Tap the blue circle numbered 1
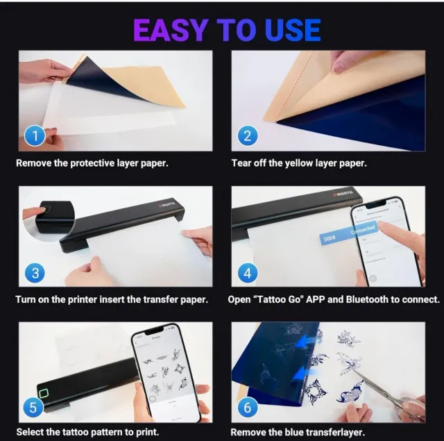pos(35,136)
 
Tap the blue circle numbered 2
pos(247,136)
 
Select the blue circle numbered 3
pos(35,272)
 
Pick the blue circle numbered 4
pos(248,272)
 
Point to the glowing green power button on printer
pos(43,394)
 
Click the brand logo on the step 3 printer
pos(167,204)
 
